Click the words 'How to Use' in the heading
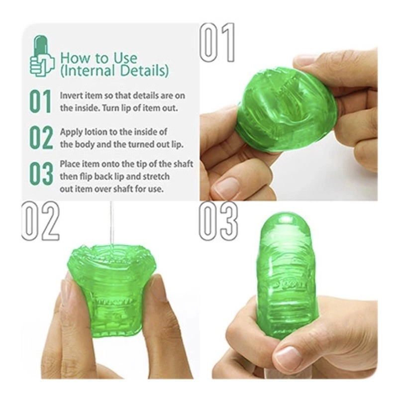coord(99,57)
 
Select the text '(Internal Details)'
coord(114,71)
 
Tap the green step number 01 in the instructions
coord(40,101)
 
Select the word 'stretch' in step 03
coord(157,177)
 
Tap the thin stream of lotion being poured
coord(111,224)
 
